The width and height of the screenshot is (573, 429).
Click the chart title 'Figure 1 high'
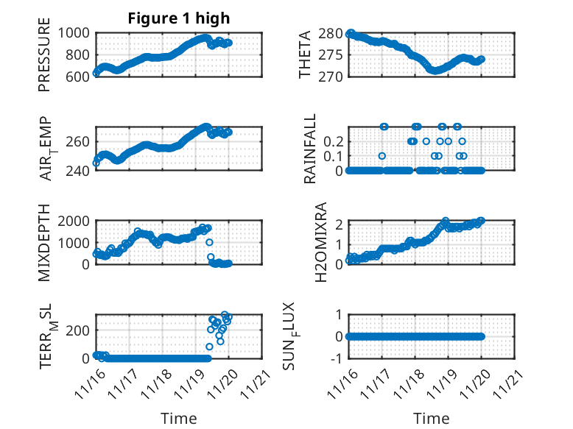[x=179, y=18]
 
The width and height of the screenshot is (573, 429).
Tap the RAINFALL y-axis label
[x=311, y=149]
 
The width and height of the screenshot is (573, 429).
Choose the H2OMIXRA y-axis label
[x=321, y=242]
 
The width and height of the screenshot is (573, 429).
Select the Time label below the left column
[x=179, y=419]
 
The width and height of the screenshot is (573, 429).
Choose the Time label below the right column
[x=431, y=419]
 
